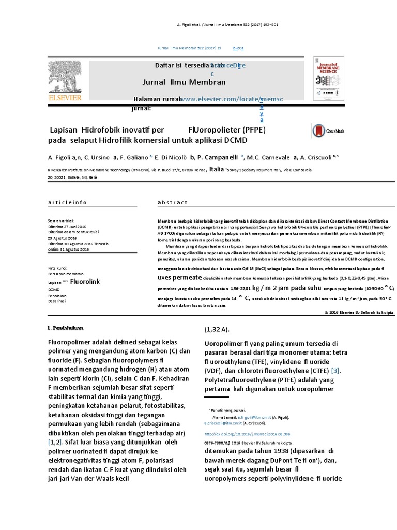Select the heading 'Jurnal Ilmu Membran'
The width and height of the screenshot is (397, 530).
pos(184,82)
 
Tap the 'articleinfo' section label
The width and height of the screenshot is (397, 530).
pos(67,202)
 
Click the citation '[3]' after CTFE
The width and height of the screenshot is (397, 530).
pos(335,371)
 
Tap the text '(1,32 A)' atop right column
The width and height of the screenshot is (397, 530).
pos(217,329)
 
